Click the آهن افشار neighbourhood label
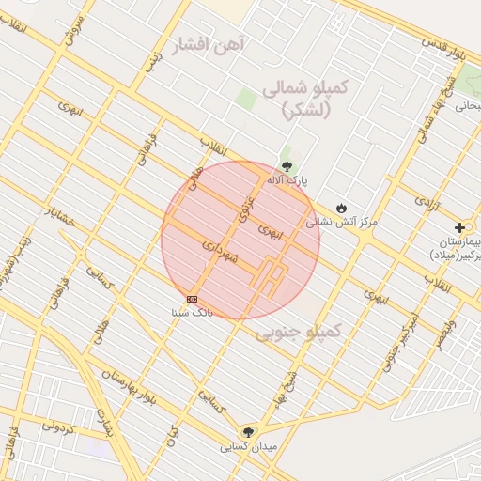209,43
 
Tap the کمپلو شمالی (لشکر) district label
305,97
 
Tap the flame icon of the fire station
341,208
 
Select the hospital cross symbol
459,227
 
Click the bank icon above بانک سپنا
192,299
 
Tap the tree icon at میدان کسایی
247,432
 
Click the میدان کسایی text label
247,447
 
